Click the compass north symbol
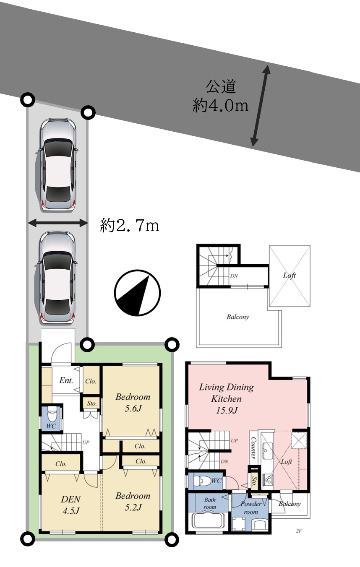point(138,293)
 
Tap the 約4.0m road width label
point(221,105)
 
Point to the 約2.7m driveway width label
point(130,225)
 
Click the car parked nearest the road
point(58,165)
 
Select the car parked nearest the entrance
point(58,278)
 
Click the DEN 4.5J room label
point(71,505)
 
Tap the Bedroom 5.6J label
point(133,403)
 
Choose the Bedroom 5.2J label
point(133,502)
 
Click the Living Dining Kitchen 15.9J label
point(226,399)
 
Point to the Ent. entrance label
point(66,380)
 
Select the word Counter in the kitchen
point(253,448)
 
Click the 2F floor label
point(299,529)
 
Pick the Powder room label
point(251,508)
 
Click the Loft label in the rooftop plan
point(289,275)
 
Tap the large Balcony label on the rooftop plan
point(238,317)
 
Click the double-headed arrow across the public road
point(260,106)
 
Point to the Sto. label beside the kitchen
point(254,482)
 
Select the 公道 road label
point(221,86)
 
